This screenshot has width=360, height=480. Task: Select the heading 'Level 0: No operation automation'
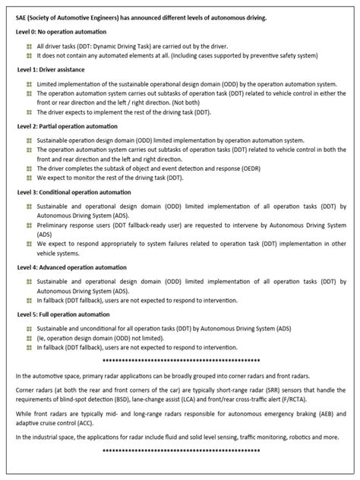(61, 32)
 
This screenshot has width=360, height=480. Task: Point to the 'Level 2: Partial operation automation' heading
(65, 125)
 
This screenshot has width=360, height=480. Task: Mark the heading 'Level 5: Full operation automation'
(61, 313)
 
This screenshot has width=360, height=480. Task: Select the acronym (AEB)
(332, 414)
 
